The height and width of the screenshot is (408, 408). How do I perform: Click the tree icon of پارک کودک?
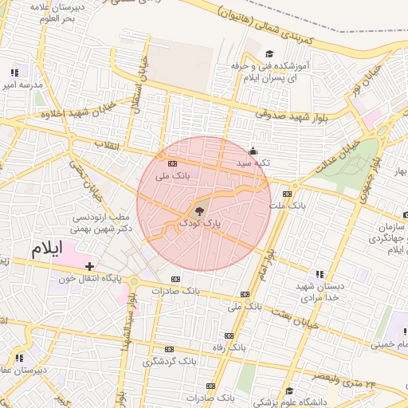(x=198, y=211)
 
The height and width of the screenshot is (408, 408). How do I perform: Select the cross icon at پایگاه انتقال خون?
(x=90, y=266)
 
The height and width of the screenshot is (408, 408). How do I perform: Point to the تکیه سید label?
(x=253, y=163)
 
